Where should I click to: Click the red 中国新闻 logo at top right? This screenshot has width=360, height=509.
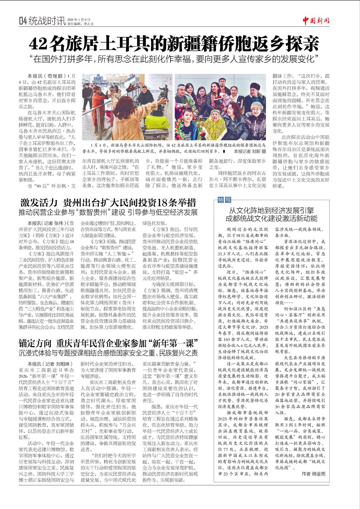click(x=316, y=21)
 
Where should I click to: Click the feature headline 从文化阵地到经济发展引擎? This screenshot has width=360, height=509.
click(x=271, y=211)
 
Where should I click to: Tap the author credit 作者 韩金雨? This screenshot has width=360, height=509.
click(x=313, y=474)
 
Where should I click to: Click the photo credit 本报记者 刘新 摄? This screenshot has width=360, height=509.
click(x=250, y=151)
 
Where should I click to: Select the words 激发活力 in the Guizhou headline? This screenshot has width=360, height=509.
click(x=39, y=203)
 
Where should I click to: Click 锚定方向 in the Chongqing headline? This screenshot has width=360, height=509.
click(x=35, y=343)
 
